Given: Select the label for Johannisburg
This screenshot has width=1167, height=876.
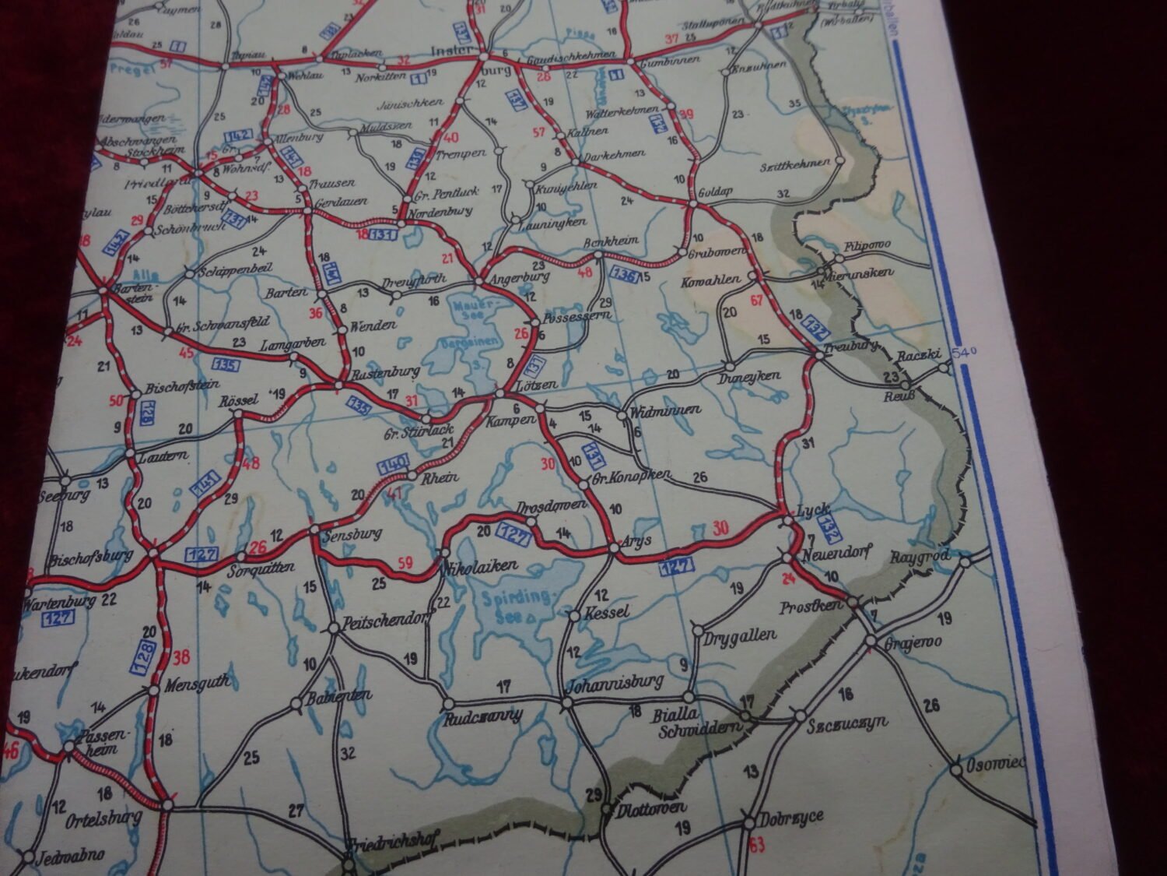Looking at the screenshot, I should (615, 683).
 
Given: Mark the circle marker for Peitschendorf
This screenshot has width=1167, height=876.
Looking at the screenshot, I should (334, 627).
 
